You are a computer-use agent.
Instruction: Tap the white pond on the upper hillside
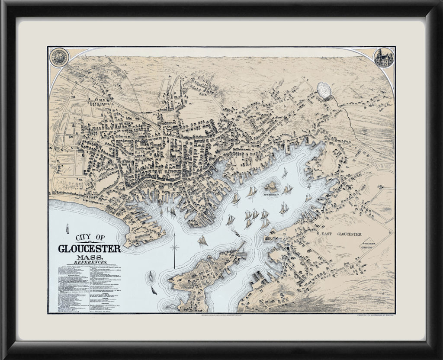[x=325, y=90]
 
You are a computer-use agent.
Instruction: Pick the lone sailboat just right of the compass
[x=202, y=240]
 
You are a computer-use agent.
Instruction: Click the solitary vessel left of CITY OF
[x=67, y=229]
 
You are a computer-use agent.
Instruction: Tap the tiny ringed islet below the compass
[x=151, y=276]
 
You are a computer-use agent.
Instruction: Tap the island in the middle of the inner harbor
[x=272, y=187]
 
